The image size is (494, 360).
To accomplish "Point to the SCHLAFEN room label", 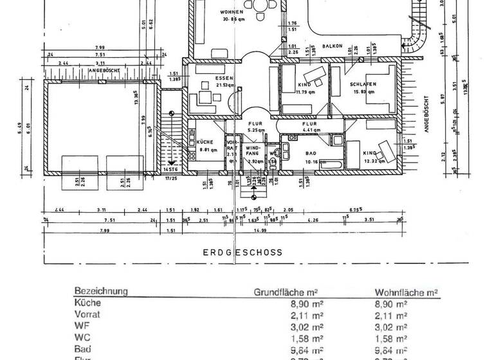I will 363,84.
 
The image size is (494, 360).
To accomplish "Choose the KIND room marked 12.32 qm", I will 370,153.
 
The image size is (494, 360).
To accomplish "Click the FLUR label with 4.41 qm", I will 311,124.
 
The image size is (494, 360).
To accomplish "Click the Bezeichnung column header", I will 100,291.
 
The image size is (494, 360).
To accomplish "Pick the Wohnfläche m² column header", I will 406,292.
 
